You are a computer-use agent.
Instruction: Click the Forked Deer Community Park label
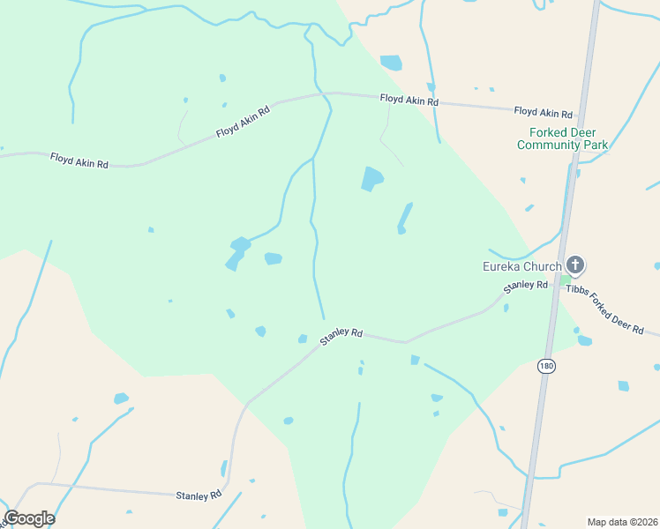pyautogui.click(x=562, y=138)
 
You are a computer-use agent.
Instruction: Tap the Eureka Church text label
pyautogui.click(x=521, y=267)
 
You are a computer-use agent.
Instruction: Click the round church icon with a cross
pyautogui.click(x=575, y=264)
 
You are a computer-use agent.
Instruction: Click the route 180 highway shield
pyautogui.click(x=546, y=365)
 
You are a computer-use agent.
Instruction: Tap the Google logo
pyautogui.click(x=29, y=518)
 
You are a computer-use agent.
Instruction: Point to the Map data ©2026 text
pyautogui.click(x=622, y=522)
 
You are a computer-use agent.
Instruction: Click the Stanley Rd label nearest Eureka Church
pyautogui.click(x=525, y=287)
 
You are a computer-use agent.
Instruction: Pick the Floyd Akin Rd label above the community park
pyautogui.click(x=544, y=113)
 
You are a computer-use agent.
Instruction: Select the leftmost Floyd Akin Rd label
pyautogui.click(x=79, y=161)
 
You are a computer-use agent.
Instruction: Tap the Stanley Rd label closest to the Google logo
pyautogui.click(x=199, y=495)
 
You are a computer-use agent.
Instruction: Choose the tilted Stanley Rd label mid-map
pyautogui.click(x=341, y=336)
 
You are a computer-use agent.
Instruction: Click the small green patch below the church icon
pyautogui.click(x=566, y=280)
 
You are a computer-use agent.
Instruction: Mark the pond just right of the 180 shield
pyautogui.click(x=624, y=385)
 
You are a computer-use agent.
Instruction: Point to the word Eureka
pyautogui.click(x=501, y=267)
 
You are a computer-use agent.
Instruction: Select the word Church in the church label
pyautogui.click(x=542, y=267)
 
